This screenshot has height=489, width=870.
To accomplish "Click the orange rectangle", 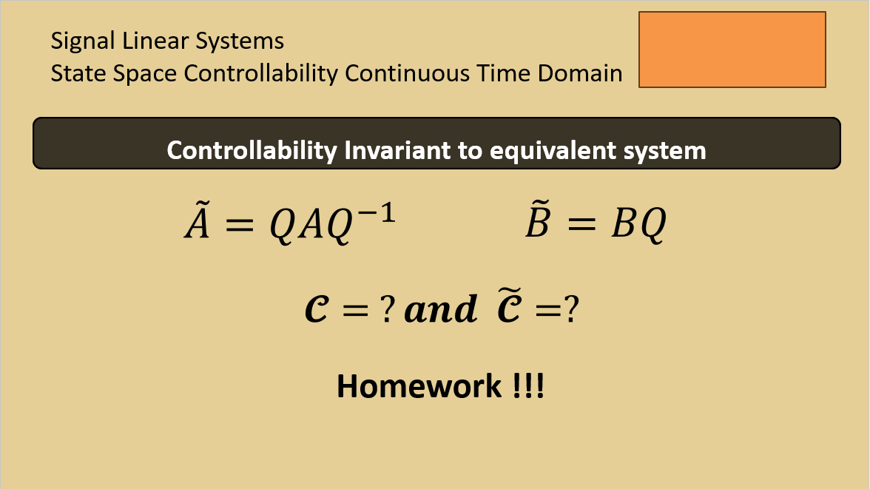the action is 732,50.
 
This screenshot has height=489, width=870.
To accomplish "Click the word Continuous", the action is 407,73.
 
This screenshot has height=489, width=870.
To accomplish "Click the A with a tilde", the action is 198,220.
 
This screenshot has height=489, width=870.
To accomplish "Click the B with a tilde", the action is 538,220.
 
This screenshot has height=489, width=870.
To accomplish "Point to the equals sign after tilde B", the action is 581,224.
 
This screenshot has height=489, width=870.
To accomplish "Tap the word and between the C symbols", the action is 441,308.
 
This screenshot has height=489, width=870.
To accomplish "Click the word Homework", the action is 419,386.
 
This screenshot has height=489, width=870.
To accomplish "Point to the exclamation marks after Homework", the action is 528,386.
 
